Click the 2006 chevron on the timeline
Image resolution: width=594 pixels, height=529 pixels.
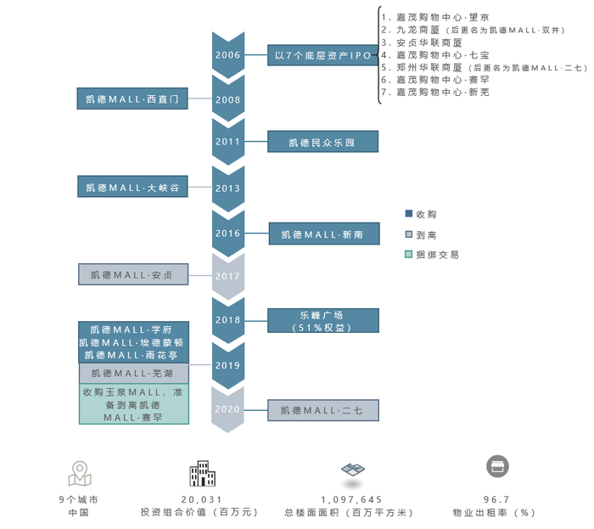click(227, 54)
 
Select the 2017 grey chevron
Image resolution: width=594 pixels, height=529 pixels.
click(227, 275)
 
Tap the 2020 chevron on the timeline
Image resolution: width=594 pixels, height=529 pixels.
click(227, 408)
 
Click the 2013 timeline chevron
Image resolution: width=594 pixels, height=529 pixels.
click(227, 188)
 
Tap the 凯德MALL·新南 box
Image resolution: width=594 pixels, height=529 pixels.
click(322, 234)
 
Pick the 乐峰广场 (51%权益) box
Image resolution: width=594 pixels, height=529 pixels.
click(322, 320)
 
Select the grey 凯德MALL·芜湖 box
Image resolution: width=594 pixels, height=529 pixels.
click(133, 373)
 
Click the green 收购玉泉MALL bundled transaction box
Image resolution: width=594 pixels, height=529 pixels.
click(133, 404)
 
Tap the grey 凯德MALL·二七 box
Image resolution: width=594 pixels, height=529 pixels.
click(322, 410)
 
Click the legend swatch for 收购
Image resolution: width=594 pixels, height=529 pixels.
click(409, 214)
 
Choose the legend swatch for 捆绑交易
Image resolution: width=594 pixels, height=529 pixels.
click(409, 254)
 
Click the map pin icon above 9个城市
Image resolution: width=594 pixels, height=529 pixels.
click(79, 471)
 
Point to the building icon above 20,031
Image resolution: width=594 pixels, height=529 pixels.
click(201, 473)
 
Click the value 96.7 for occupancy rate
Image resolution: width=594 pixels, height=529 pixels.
click(496, 500)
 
